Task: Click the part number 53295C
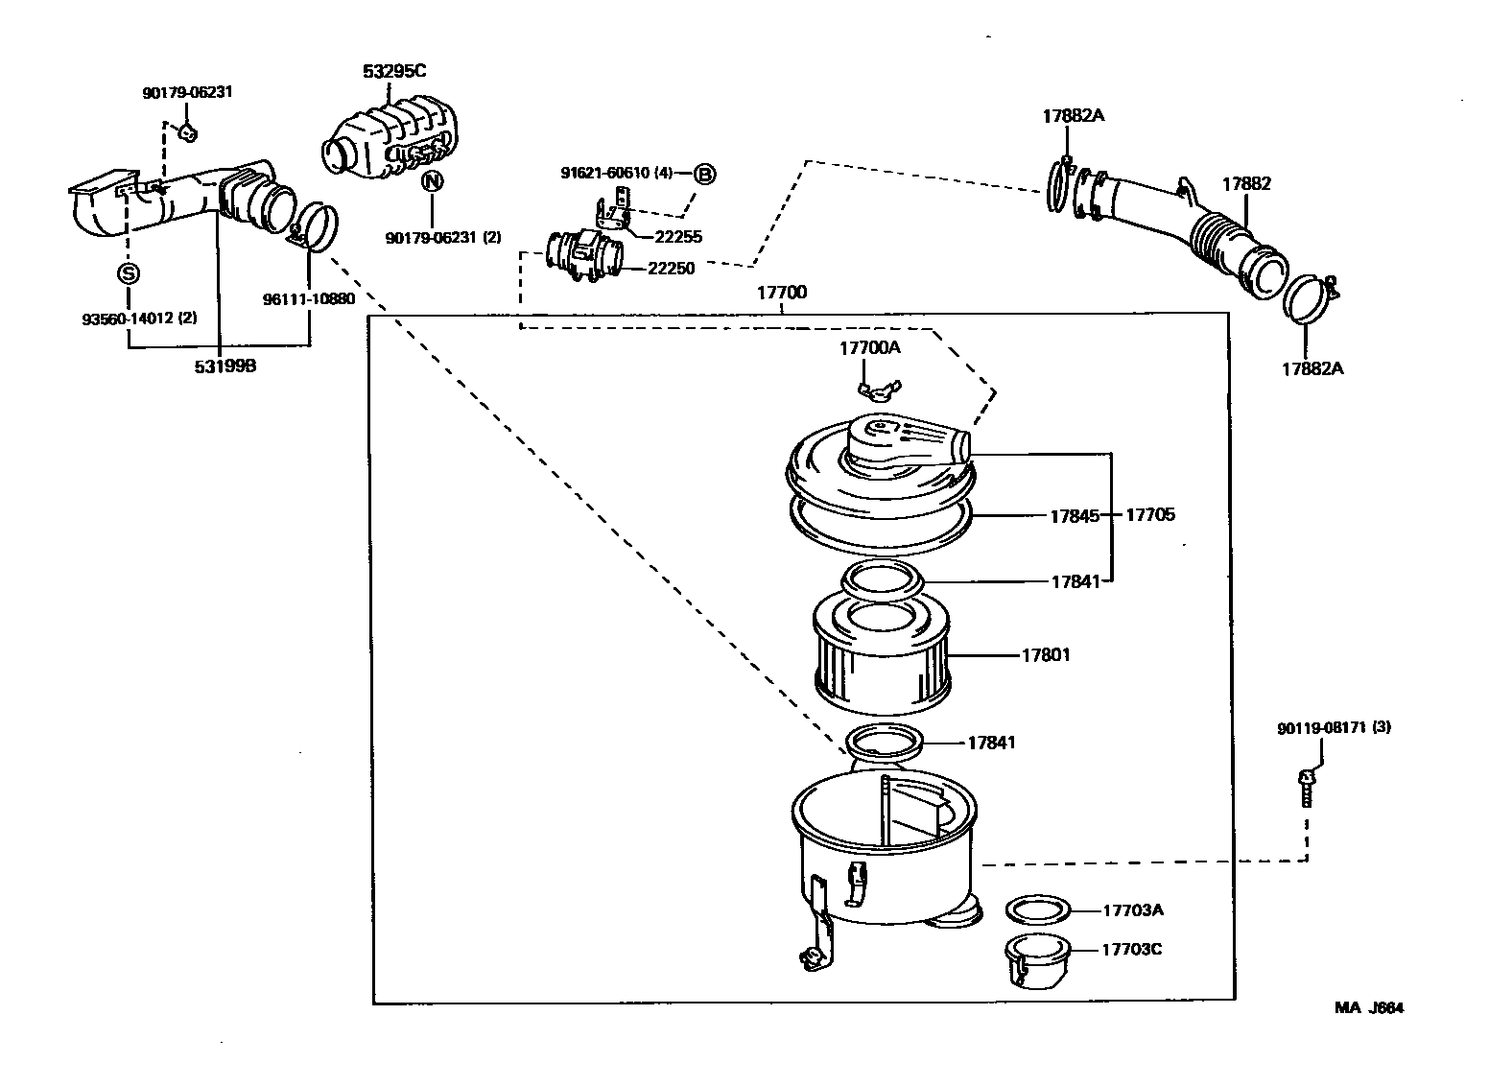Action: click(394, 71)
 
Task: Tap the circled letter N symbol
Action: click(433, 179)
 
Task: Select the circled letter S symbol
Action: click(128, 273)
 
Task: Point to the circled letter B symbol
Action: click(705, 174)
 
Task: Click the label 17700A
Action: click(870, 348)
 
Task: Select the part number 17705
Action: click(1149, 515)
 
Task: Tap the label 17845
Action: click(1074, 515)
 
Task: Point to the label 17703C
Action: click(1131, 950)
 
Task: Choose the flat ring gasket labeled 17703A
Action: click(1037, 909)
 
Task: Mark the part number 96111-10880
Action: click(309, 298)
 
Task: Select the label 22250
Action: click(672, 269)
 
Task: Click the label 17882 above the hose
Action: click(1245, 183)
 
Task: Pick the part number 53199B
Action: click(225, 366)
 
